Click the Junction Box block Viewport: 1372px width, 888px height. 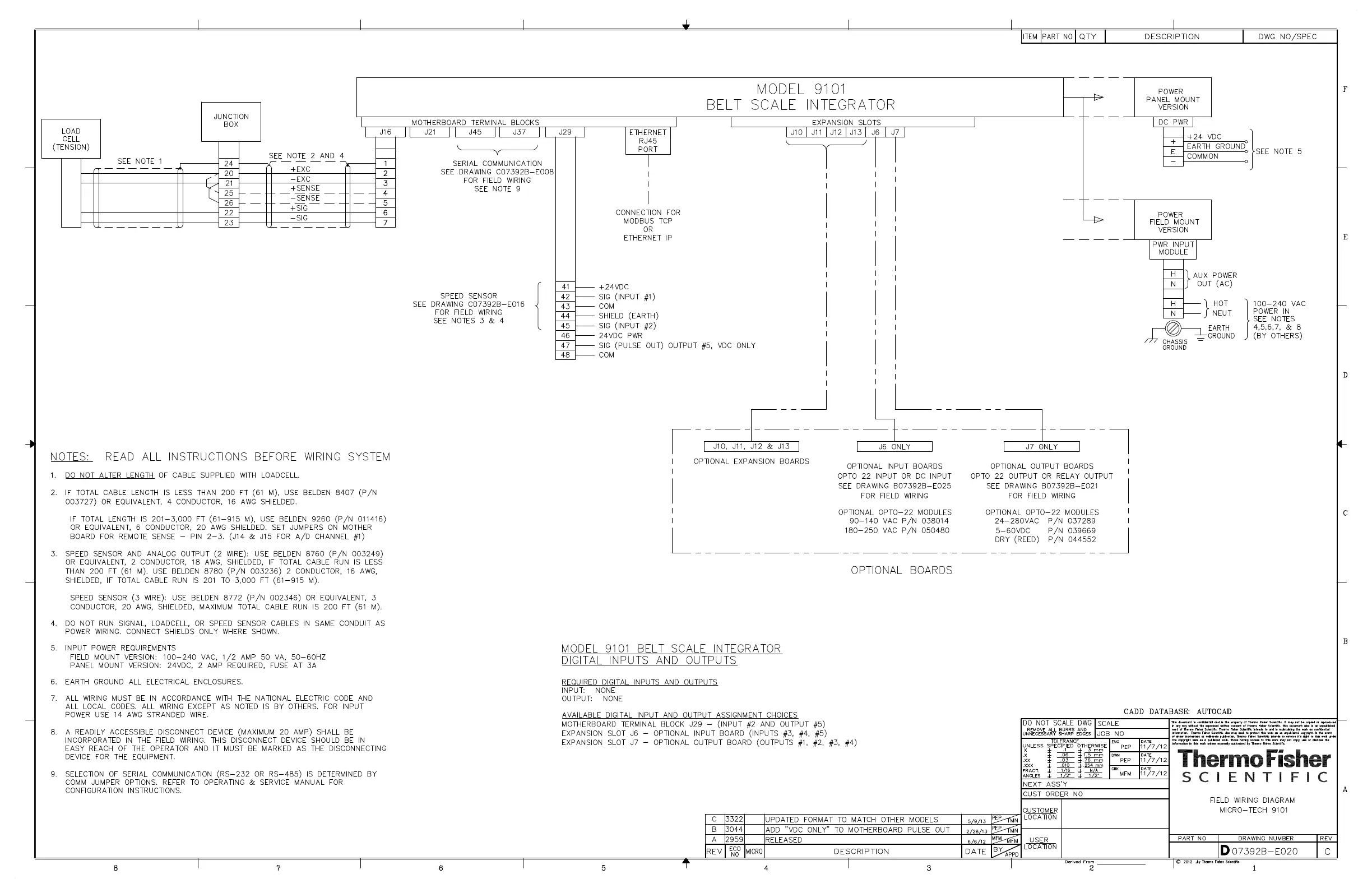[x=230, y=121]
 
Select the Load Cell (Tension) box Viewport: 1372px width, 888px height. [x=71, y=139]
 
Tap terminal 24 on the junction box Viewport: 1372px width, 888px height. [x=229, y=164]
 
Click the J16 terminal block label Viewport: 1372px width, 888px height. [x=385, y=132]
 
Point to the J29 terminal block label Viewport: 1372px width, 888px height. [x=565, y=132]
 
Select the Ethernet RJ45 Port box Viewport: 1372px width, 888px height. [x=647, y=141]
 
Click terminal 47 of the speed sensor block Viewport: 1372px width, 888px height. [x=565, y=345]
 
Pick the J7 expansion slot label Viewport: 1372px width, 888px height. [x=894, y=132]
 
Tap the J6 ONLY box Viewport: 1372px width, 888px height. [x=894, y=447]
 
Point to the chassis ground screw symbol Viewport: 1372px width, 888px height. [x=1172, y=329]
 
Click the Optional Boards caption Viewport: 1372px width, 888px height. [x=901, y=570]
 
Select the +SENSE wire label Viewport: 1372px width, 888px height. [x=304, y=188]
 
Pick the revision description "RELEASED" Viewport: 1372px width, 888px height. [x=783, y=840]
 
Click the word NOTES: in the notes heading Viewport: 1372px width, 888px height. [x=71, y=457]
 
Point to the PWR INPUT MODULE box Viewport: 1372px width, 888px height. [x=1172, y=248]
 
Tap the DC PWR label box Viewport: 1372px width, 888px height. [x=1172, y=122]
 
